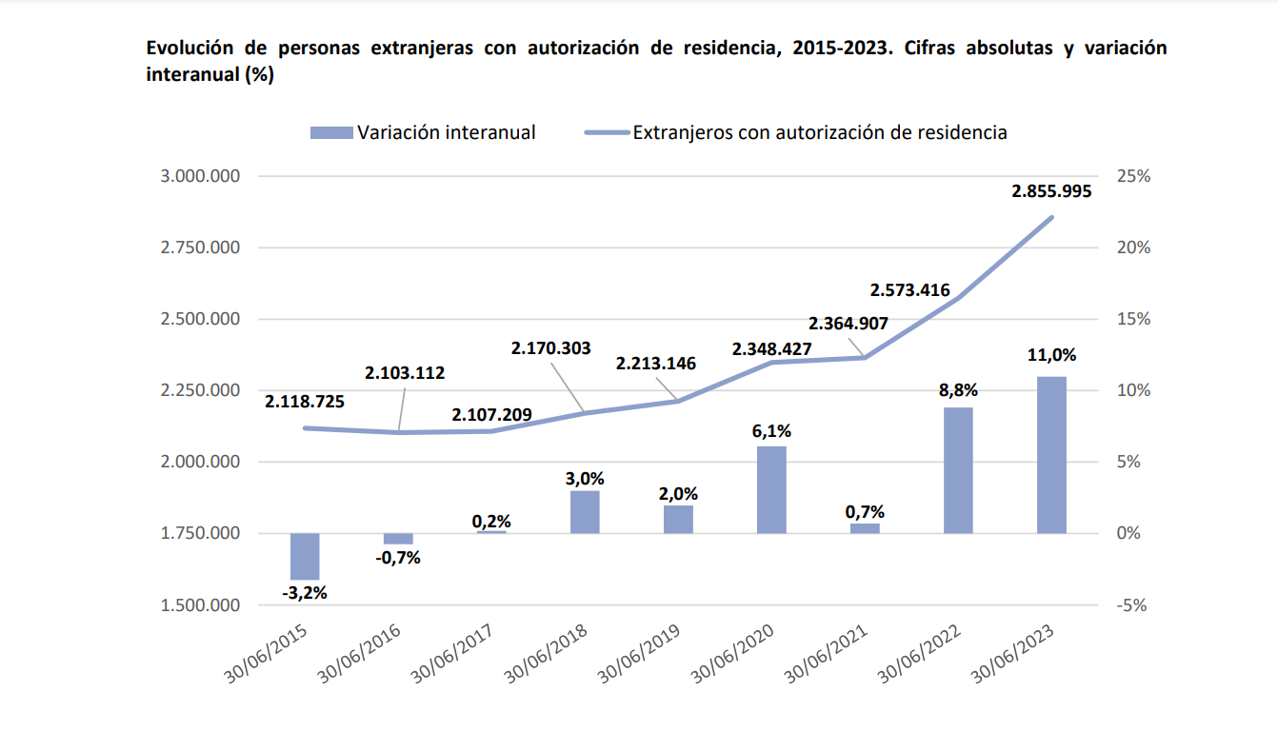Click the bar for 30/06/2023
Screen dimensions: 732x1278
[x=1051, y=455]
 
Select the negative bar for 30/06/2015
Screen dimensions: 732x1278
[x=305, y=556]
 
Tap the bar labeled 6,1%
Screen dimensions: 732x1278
[x=771, y=489]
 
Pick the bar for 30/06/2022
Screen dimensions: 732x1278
[x=958, y=470]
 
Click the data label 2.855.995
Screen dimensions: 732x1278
[x=1051, y=190]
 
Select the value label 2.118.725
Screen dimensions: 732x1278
[x=305, y=401]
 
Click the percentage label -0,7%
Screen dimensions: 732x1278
[x=398, y=558]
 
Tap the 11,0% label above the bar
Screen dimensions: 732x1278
[x=1051, y=355]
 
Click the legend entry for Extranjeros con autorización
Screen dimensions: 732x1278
[x=819, y=133]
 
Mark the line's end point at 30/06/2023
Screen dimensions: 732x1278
[x=1051, y=218]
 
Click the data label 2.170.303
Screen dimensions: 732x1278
[x=549, y=349]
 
